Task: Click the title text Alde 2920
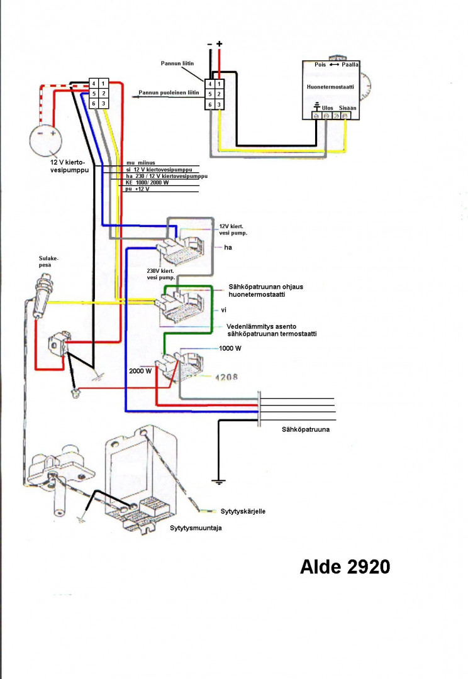coord(345,566)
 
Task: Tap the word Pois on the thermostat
coord(320,65)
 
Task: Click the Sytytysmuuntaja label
coord(196,528)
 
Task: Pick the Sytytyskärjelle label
coord(243,511)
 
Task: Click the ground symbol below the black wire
coord(218,482)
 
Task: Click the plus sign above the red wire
coord(219,43)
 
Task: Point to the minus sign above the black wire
coord(209,43)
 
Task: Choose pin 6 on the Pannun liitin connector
coord(209,104)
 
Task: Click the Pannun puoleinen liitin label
coord(173,93)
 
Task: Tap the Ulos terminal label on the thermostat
coord(328,108)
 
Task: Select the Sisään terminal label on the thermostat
coord(348,108)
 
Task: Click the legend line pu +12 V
coord(138,189)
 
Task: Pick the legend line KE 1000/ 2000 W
coord(147,183)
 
